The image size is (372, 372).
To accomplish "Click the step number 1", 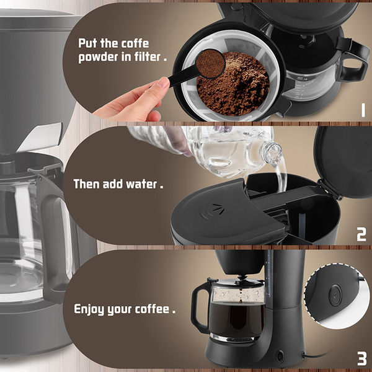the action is [363, 110].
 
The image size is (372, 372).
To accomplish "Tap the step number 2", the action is [361, 234].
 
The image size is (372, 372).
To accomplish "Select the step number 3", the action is [362, 358].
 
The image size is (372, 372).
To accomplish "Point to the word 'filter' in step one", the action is [148, 56].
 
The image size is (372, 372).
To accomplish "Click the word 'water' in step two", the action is [141, 184].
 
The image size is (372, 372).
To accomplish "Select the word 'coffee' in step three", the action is [152, 309].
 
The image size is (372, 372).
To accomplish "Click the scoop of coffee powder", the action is [210, 64].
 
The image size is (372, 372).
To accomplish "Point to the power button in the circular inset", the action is [335, 295].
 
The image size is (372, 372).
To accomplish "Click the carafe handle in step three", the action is [199, 306].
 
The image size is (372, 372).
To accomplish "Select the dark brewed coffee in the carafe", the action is [237, 319].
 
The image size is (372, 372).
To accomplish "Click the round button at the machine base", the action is [280, 356].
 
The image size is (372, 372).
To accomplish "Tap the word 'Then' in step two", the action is [86, 184].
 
